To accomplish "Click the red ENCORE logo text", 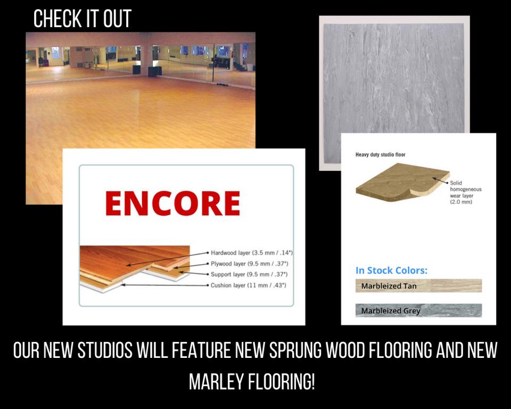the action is click(x=172, y=203).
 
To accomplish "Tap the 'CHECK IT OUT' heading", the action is click(x=83, y=19).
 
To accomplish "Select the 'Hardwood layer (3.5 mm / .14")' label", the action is click(x=252, y=253).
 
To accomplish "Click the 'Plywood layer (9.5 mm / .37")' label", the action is click(x=250, y=264).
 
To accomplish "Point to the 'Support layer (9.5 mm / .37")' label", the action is click(x=249, y=274).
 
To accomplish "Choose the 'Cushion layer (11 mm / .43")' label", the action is click(x=249, y=285).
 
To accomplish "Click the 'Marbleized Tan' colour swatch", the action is click(x=418, y=285).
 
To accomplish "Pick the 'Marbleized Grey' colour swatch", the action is click(x=418, y=310).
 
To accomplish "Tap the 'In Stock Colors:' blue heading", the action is click(x=391, y=271).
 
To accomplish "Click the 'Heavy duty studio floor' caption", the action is click(x=380, y=154).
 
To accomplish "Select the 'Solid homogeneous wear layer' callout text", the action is click(x=466, y=192).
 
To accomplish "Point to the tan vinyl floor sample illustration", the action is click(x=402, y=182).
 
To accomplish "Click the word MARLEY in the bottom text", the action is click(x=217, y=381).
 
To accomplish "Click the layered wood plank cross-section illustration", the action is click(x=135, y=269).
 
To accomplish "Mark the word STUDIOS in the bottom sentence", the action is click(x=105, y=350).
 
